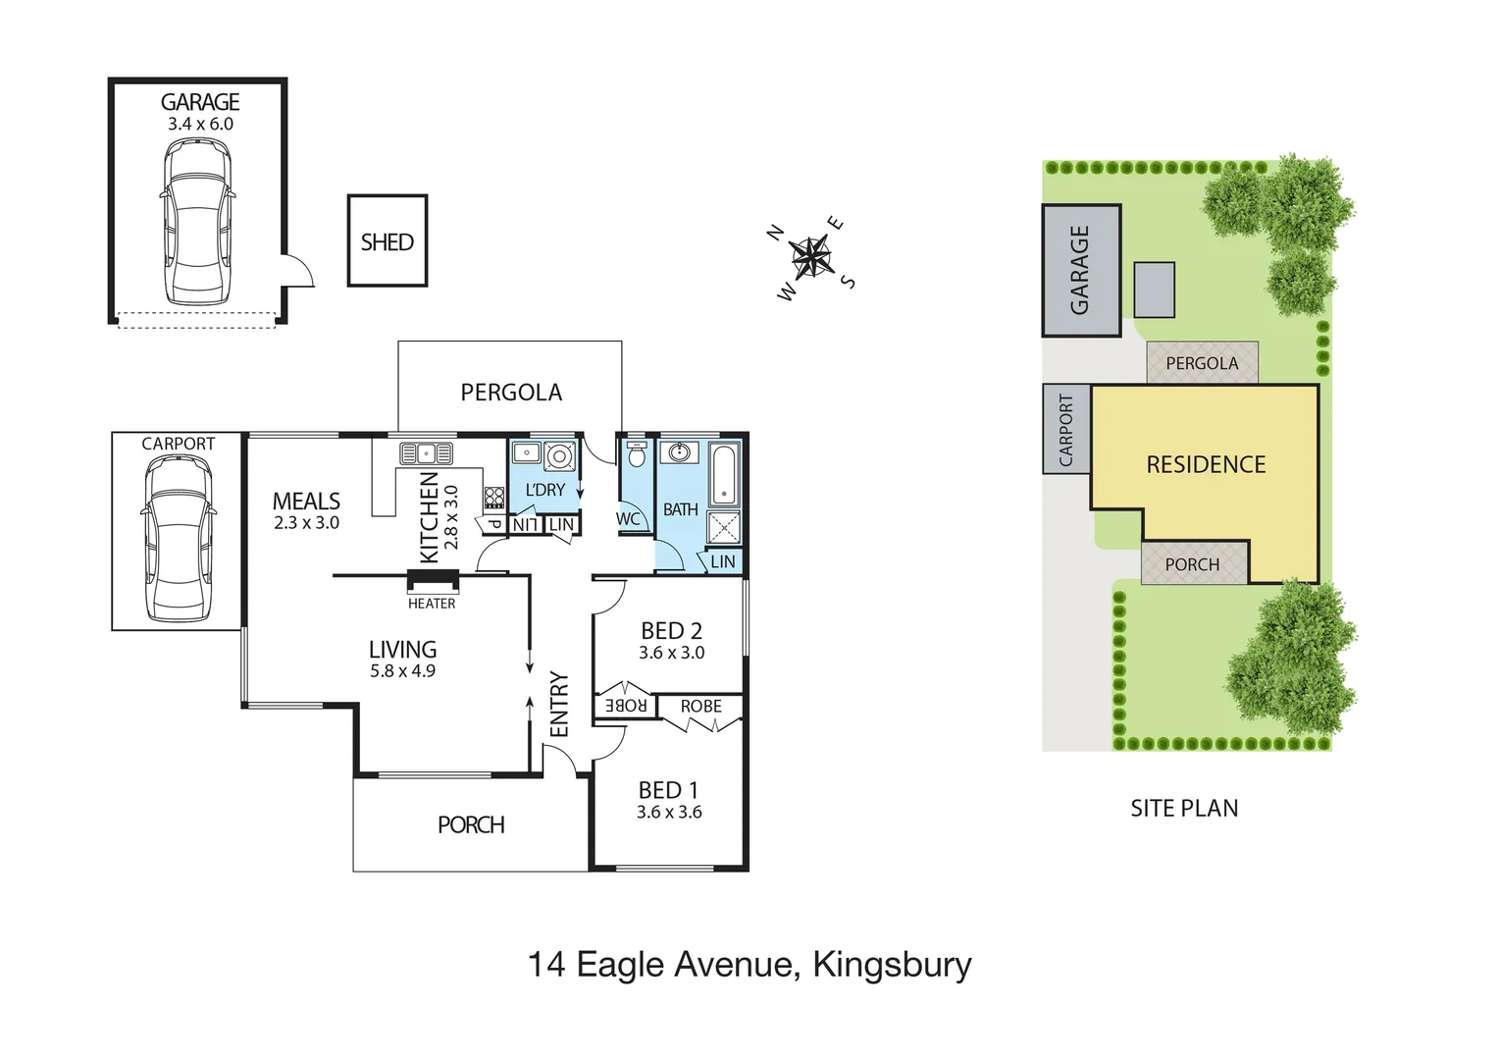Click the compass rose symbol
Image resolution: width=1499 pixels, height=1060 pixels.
(x=810, y=258)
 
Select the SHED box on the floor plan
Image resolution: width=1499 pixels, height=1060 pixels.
(x=388, y=241)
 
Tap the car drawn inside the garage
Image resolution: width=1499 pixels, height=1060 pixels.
(x=197, y=222)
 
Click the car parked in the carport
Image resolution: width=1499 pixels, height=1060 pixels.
(x=178, y=538)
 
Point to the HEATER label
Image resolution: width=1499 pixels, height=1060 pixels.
(x=432, y=604)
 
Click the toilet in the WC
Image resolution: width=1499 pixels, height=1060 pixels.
(x=637, y=455)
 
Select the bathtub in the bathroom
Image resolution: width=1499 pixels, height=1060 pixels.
(x=724, y=476)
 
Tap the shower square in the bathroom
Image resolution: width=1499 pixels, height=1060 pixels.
(x=724, y=527)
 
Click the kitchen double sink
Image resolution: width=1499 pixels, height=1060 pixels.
(x=426, y=453)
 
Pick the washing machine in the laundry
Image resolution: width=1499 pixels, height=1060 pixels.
(x=559, y=456)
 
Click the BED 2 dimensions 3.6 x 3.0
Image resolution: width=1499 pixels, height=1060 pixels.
(x=671, y=653)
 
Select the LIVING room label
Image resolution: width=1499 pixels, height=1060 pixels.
(x=402, y=649)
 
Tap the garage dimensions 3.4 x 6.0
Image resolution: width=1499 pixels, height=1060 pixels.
(x=200, y=125)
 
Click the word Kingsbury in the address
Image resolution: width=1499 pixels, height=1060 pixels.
(x=892, y=965)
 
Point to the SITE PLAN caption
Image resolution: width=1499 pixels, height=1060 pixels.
(x=1184, y=809)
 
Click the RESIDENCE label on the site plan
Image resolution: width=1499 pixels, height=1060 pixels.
(x=1206, y=464)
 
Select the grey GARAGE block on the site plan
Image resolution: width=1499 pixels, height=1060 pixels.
(x=1081, y=270)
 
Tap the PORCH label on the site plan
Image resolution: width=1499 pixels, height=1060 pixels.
(x=1192, y=564)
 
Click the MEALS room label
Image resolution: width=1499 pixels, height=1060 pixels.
(x=306, y=501)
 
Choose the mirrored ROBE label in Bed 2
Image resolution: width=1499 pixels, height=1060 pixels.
(x=625, y=706)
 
